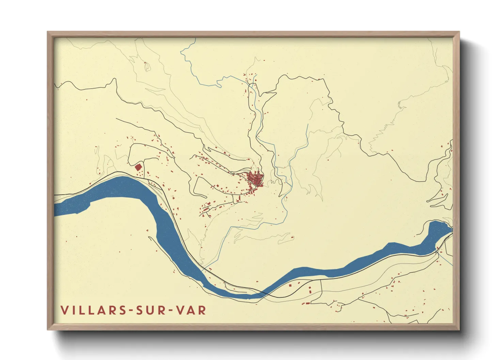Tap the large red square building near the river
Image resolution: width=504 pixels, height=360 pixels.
pos(138,167)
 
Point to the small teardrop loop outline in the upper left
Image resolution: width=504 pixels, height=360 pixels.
pos(147,67)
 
